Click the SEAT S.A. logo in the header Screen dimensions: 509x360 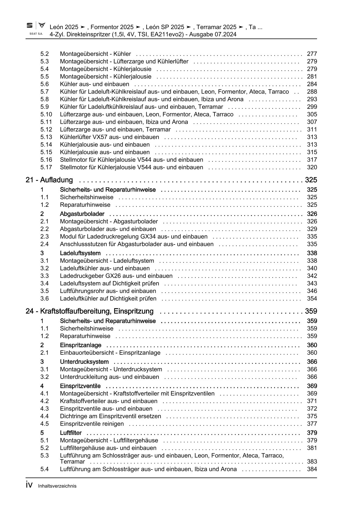pyautogui.click(x=36, y=28)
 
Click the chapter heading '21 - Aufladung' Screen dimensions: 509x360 pyautogui.click(x=49, y=180)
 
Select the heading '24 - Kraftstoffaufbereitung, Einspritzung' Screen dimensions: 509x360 pyautogui.click(x=89, y=311)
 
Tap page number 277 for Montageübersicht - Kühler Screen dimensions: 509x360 pyautogui.click(x=312, y=54)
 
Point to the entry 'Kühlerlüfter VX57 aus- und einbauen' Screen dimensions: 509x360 pyautogui.click(x=109, y=137)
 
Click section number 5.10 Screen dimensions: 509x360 pyautogui.click(x=46, y=114)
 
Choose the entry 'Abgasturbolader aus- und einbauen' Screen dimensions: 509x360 pyautogui.click(x=108, y=229)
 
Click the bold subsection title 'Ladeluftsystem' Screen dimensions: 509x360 pyautogui.click(x=80, y=253)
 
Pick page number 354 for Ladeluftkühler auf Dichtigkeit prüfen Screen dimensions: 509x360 pyautogui.click(x=312, y=298)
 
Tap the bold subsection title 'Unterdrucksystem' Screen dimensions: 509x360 pyautogui.click(x=84, y=362)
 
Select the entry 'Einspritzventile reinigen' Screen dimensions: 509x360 pyautogui.click(x=92, y=424)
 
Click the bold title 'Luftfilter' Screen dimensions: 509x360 pyautogui.click(x=71, y=433)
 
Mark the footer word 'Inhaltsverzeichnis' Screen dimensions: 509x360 pyautogui.click(x=57, y=486)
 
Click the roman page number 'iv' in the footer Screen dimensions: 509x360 pyautogui.click(x=29, y=485)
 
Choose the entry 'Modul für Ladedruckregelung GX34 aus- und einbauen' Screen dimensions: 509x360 pyautogui.click(x=134, y=237)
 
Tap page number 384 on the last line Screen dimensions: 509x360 pyautogui.click(x=312, y=469)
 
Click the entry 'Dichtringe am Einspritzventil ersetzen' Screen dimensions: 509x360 pyautogui.click(x=110, y=416)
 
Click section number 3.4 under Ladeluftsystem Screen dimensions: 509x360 pyautogui.click(x=44, y=283)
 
